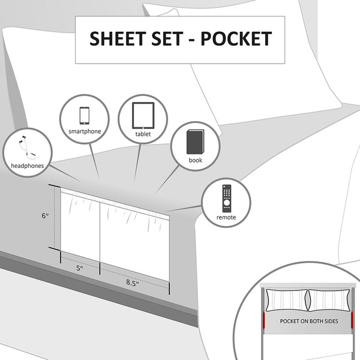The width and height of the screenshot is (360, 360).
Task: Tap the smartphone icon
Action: coord(84,115)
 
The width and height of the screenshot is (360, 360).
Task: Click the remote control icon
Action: coord(226,197)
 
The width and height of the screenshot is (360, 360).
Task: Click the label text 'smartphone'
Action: coord(85,131)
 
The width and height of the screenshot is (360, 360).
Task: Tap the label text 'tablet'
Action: coord(143,134)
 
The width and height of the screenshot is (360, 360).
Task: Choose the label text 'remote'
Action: coord(226,217)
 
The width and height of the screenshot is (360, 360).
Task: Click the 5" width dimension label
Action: coord(79,269)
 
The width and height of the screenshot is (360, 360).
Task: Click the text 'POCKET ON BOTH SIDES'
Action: coord(309,321)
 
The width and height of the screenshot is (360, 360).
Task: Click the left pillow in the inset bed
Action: coord(286,299)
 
